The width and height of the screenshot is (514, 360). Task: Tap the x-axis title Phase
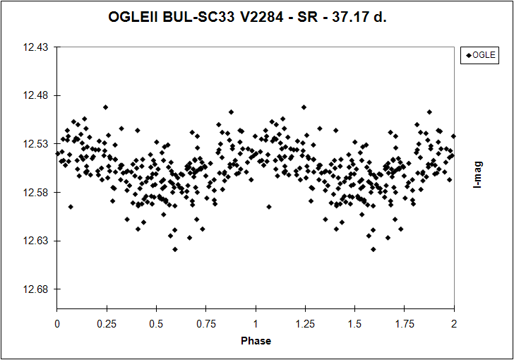tap(256, 340)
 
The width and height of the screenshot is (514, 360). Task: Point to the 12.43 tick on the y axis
tap(36, 47)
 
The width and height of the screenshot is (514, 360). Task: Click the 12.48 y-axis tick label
tap(36, 96)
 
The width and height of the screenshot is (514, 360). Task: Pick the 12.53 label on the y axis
tap(36, 144)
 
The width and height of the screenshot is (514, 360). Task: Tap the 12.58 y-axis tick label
tap(36, 193)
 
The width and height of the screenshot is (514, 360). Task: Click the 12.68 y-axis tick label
tap(36, 289)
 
